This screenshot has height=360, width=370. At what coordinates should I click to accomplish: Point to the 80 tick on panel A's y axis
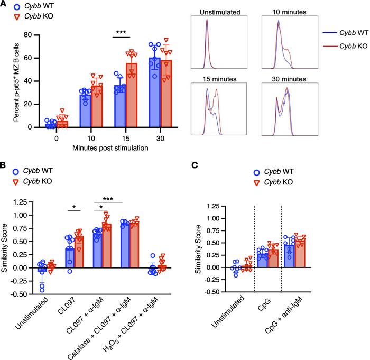coord(31,35)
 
